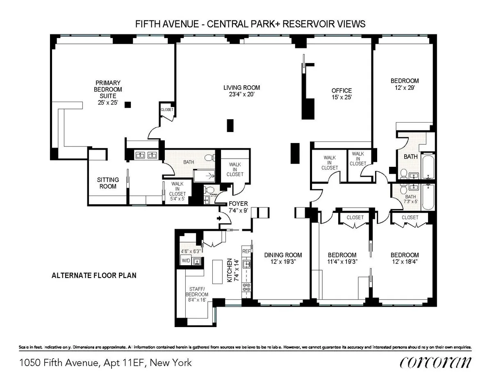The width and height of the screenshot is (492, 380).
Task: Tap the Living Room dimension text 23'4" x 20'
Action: tap(241, 95)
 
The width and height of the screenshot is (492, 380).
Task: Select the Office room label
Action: tap(342, 91)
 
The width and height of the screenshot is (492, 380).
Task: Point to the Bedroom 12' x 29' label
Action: tap(404, 81)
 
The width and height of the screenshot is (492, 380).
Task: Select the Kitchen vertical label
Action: tap(230, 271)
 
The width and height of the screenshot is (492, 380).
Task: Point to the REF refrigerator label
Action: tap(246, 251)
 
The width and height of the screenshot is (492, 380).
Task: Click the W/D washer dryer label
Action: tap(186, 260)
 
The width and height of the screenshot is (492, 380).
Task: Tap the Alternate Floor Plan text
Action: tap(94, 275)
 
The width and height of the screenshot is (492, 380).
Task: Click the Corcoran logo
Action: tap(435, 362)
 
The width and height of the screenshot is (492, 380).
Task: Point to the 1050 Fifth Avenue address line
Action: tap(105, 363)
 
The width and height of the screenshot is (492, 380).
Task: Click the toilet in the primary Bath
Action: tap(209, 157)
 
